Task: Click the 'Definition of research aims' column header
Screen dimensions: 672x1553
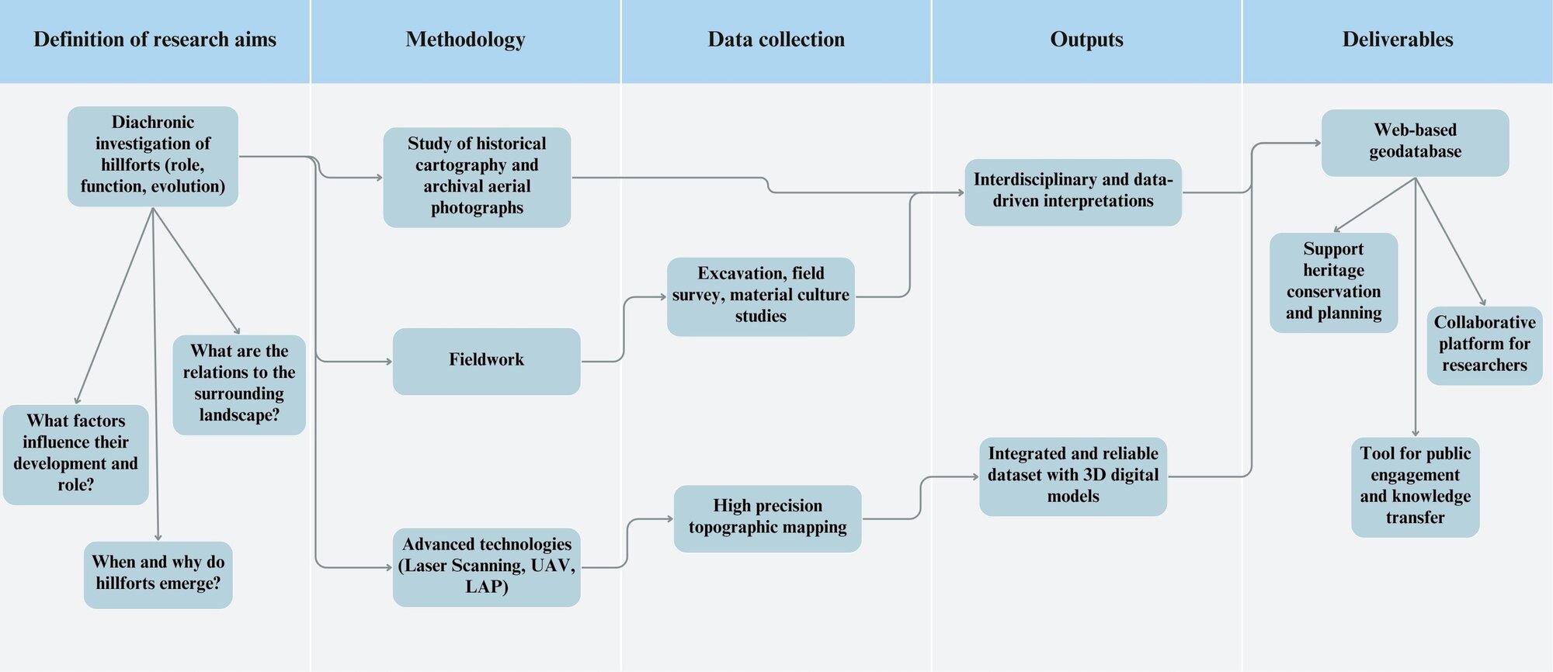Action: click(155, 40)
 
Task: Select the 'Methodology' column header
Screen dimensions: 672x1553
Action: click(465, 40)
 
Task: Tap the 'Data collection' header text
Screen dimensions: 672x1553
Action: click(776, 40)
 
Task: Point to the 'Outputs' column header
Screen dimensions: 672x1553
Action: click(1086, 40)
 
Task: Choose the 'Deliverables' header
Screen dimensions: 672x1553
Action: click(1398, 40)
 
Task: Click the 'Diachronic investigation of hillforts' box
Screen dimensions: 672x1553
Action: click(153, 155)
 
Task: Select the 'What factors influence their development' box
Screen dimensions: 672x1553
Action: click(75, 454)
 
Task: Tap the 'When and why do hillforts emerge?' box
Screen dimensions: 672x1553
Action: click(158, 573)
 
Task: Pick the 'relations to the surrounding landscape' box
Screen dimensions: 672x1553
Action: click(239, 383)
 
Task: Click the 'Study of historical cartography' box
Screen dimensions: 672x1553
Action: click(477, 177)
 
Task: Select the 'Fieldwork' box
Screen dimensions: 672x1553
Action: click(486, 361)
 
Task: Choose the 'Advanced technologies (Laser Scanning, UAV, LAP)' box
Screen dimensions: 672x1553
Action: click(486, 566)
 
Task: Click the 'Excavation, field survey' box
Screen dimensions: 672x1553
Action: click(760, 296)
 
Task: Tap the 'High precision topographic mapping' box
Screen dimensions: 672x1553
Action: click(767, 518)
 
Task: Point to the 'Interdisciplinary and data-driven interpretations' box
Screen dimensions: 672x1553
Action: click(1072, 192)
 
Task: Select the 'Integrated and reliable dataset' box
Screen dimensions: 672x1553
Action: click(1072, 476)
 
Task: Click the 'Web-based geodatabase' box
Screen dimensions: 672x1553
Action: click(1415, 142)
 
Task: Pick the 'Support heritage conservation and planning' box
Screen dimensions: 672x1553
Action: click(1333, 282)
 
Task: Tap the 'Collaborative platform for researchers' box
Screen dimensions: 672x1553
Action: click(1484, 345)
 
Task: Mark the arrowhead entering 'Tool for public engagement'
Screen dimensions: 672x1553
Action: click(1416, 433)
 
